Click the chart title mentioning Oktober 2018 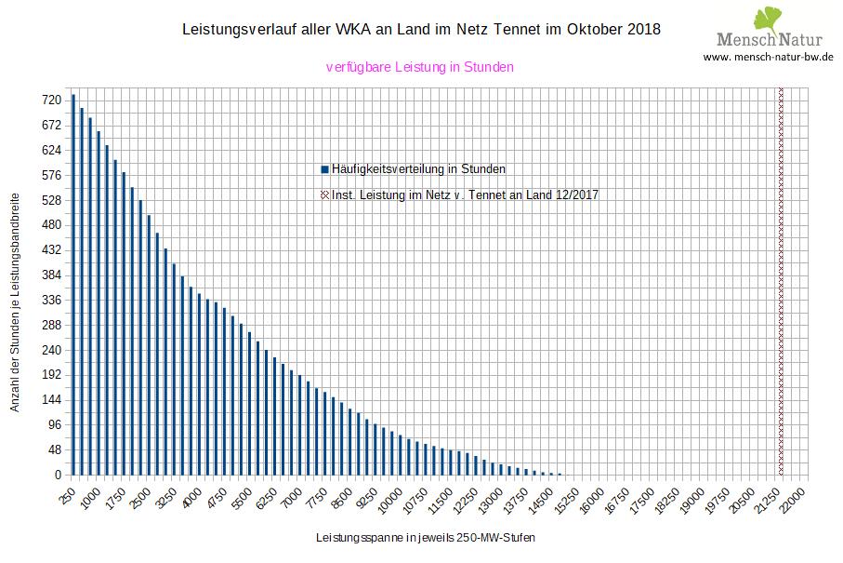421,29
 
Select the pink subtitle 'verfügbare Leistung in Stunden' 420,67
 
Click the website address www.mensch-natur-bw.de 768,57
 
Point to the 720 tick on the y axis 51,100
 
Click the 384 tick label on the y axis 51,275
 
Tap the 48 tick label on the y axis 54,450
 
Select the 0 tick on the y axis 57,476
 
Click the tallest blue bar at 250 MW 73,285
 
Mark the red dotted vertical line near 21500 781,279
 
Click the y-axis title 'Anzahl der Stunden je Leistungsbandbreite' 15,303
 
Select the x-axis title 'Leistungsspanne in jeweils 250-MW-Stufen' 426,538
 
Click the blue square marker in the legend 324,169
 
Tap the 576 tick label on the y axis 51,175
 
